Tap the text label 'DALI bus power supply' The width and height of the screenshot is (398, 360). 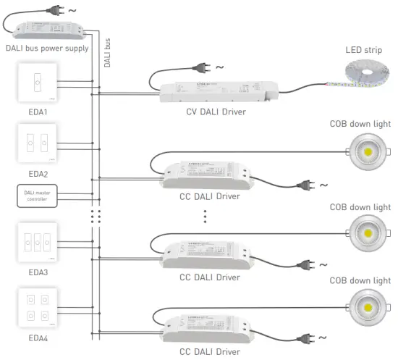point(46,49)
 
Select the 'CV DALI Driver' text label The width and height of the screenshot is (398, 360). point(216,111)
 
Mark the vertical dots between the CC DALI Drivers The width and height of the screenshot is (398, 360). point(205,215)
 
